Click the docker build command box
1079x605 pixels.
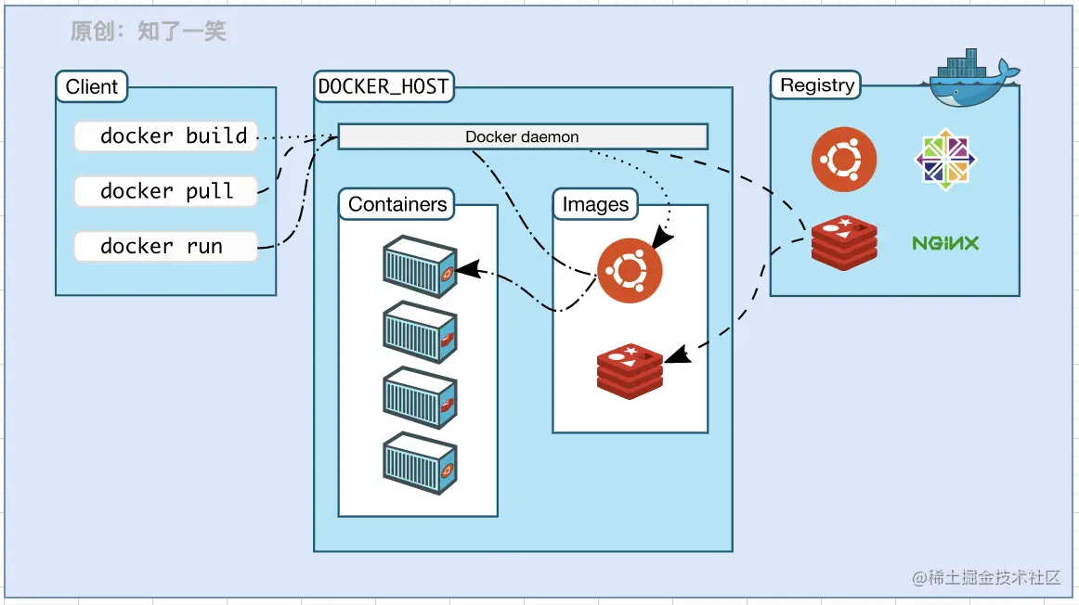(166, 136)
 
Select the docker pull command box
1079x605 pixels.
(166, 191)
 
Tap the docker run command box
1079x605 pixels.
(166, 246)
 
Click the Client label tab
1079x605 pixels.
(92, 86)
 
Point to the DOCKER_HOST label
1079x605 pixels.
(383, 86)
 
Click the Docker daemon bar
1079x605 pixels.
(523, 136)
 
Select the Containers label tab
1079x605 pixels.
(397, 204)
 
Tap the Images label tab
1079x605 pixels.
(595, 204)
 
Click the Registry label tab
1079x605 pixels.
(816, 85)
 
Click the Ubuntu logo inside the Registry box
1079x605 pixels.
(844, 160)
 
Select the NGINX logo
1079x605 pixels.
(945, 243)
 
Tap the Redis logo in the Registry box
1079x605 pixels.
(844, 243)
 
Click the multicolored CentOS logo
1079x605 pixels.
(945, 160)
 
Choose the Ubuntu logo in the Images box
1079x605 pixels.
(630, 271)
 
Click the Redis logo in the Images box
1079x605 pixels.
(630, 371)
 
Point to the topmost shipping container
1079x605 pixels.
(420, 266)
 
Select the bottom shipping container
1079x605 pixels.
(420, 463)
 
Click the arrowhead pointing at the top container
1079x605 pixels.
(467, 269)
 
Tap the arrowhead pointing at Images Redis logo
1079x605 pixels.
(678, 354)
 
